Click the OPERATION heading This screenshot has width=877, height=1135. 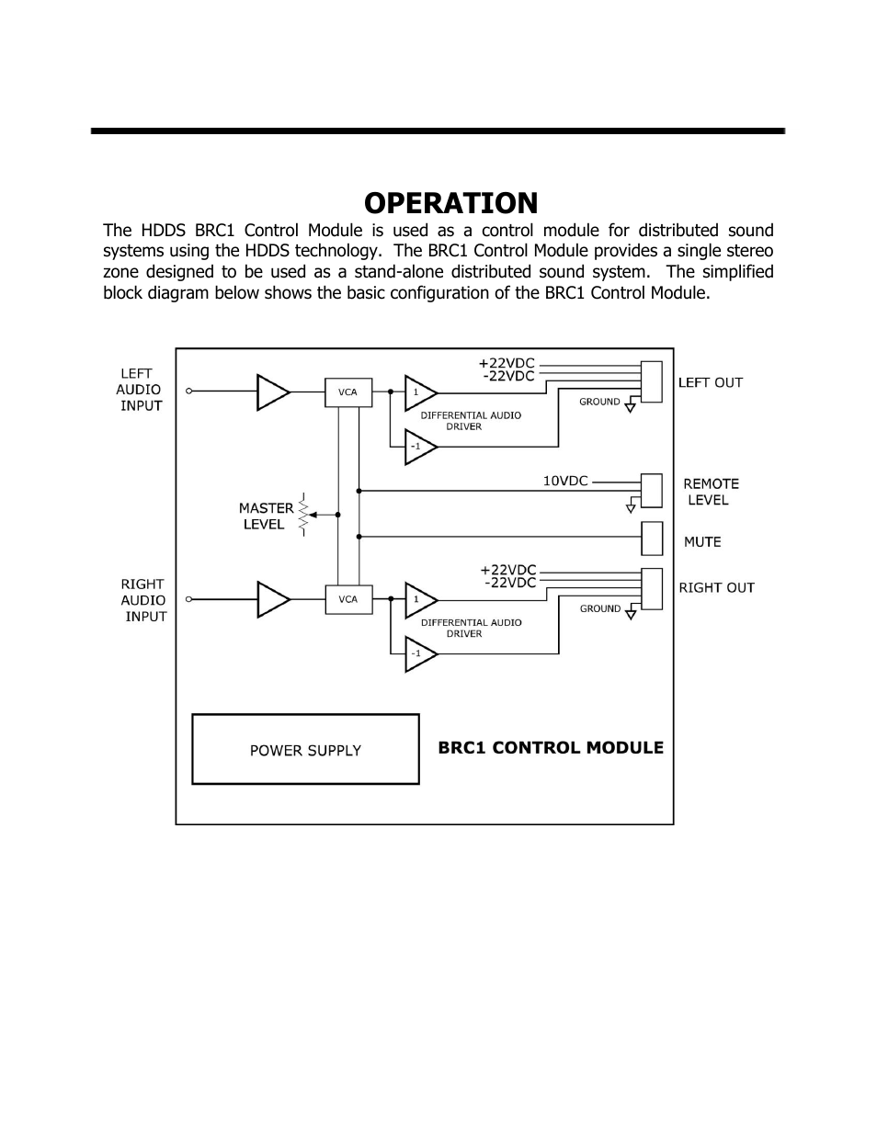click(450, 203)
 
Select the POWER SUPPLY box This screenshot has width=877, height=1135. click(305, 750)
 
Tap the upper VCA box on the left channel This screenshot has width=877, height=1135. click(347, 392)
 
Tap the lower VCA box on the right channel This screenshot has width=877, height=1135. click(347, 599)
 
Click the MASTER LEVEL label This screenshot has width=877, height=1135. click(266, 516)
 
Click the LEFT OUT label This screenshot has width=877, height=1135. click(710, 382)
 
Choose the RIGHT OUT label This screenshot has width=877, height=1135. click(716, 587)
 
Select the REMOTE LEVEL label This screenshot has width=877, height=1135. click(710, 492)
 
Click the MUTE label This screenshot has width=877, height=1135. click(702, 542)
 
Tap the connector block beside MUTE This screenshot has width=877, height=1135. click(652, 539)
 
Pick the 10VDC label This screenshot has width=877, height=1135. click(565, 481)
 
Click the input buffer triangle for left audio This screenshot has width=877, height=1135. click(272, 392)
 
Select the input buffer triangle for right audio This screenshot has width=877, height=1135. click(272, 599)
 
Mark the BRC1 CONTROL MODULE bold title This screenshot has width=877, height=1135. click(551, 748)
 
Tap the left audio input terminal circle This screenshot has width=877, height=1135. click(188, 392)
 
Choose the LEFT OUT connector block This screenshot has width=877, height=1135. click(652, 381)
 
